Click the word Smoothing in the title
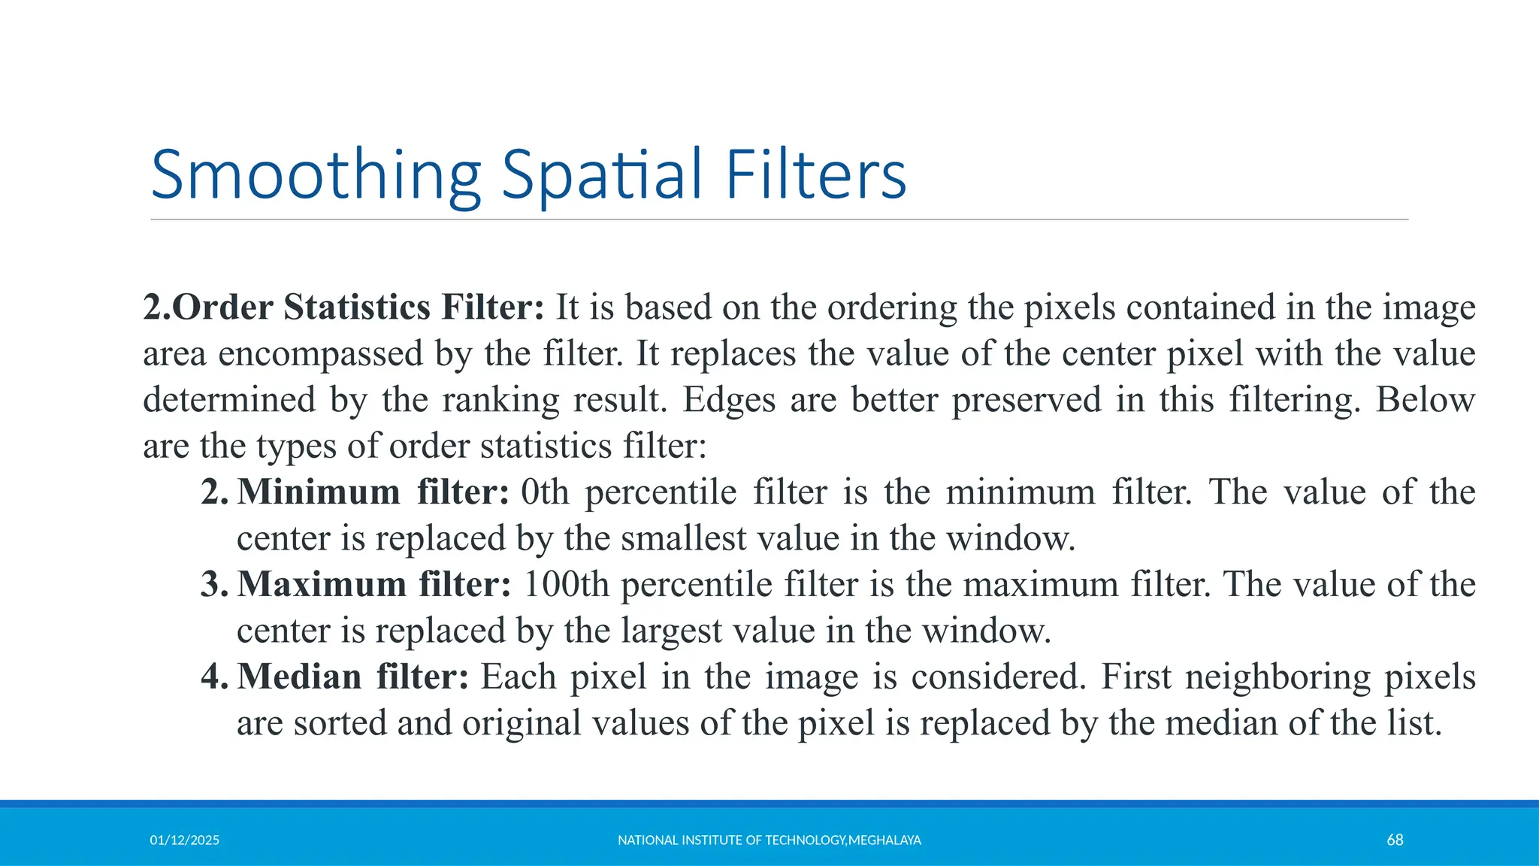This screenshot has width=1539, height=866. click(x=316, y=175)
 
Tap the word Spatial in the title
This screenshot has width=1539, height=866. click(x=602, y=175)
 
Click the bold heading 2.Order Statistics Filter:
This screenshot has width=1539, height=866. click(x=343, y=307)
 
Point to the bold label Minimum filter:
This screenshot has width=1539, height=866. click(x=373, y=492)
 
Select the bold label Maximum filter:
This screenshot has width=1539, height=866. click(x=374, y=585)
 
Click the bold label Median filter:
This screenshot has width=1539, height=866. click(x=353, y=677)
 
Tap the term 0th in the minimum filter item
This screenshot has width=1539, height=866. click(x=545, y=492)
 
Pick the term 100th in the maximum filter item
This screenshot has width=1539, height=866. click(x=565, y=585)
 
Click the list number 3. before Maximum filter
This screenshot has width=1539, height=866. click(x=214, y=585)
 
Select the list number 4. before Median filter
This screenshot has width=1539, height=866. click(x=214, y=677)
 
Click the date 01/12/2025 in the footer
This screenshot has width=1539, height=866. click(x=184, y=840)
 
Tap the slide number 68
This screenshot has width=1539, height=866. click(x=1395, y=840)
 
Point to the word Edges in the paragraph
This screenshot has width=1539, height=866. click(x=729, y=400)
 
